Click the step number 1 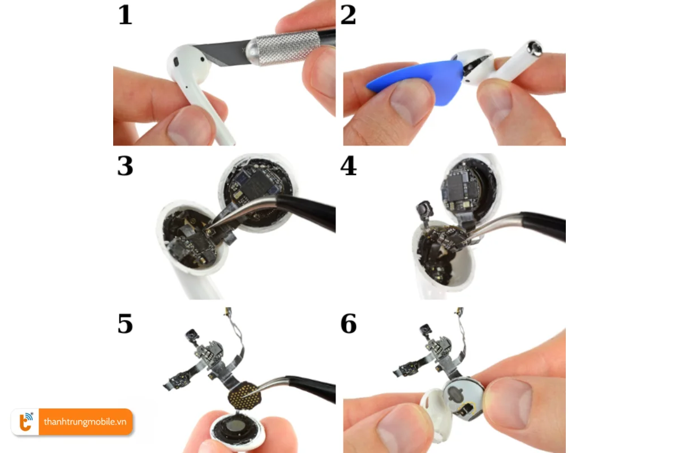124,15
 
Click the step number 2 349,15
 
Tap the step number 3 125,166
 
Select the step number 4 349,166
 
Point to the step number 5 125,323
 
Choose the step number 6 349,323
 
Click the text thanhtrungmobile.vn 85,422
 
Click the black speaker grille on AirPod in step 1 175,60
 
